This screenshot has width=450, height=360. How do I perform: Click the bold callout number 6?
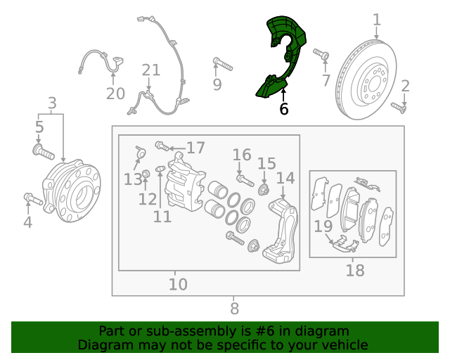[283, 109]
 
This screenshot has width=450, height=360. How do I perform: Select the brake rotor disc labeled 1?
[366, 79]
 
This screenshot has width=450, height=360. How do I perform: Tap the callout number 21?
[151, 70]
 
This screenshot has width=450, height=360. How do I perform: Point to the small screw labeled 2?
[399, 108]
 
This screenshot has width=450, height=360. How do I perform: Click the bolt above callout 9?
[223, 64]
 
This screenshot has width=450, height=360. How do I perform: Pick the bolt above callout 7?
[321, 54]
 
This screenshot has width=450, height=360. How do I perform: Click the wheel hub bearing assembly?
[72, 191]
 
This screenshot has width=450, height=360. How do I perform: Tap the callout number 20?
[115, 94]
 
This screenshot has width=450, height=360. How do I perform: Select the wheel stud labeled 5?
[44, 152]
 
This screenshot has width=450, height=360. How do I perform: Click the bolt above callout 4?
[33, 199]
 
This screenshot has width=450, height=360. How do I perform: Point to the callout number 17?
[195, 148]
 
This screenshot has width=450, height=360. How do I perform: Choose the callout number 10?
[178, 284]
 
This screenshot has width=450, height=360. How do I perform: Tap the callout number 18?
[355, 271]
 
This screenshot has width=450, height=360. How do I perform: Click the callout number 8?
[234, 309]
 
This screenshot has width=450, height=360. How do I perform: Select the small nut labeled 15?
[264, 190]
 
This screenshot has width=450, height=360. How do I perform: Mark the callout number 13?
[133, 180]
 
